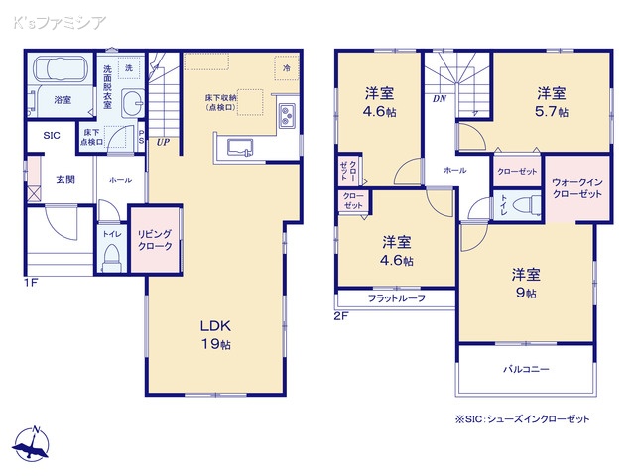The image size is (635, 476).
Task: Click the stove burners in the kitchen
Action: [286, 116]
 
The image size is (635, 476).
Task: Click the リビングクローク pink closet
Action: [156, 240]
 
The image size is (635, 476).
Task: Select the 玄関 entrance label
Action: [65, 179]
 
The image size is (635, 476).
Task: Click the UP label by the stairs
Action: [162, 142]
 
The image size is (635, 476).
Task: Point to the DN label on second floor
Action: [438, 99]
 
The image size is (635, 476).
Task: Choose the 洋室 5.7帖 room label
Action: [553, 102]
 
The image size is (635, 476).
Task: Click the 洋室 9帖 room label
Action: [525, 283]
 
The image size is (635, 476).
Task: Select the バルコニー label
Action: [527, 369]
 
